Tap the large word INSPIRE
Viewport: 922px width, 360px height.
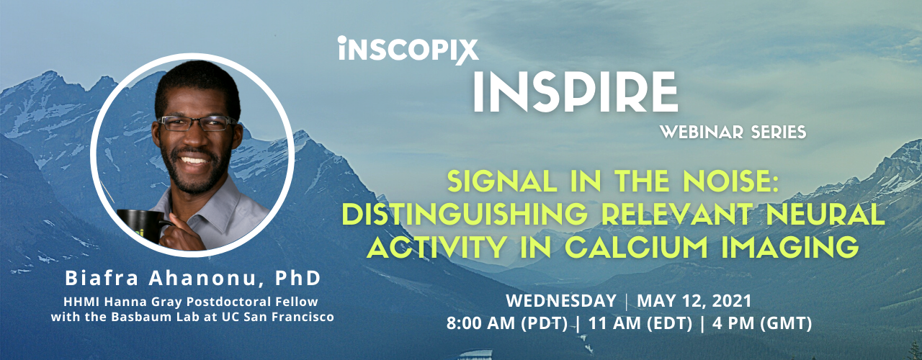pos(575,92)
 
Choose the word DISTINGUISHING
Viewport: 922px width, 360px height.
pos(465,215)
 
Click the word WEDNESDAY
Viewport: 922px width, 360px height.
pos(561,301)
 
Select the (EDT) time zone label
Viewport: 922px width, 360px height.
pos(670,324)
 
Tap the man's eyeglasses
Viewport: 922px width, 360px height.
pos(197,123)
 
